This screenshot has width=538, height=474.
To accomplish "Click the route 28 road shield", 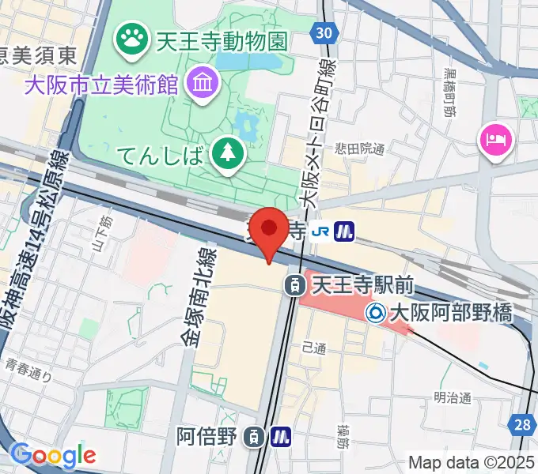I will tap(522, 425).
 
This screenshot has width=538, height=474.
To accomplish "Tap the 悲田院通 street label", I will tap(360, 148).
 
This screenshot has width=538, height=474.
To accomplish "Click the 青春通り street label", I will tap(28, 366).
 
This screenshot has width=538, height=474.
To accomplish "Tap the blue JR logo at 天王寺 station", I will tap(320, 231).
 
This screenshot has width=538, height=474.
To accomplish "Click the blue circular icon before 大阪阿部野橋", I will tap(377, 314).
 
